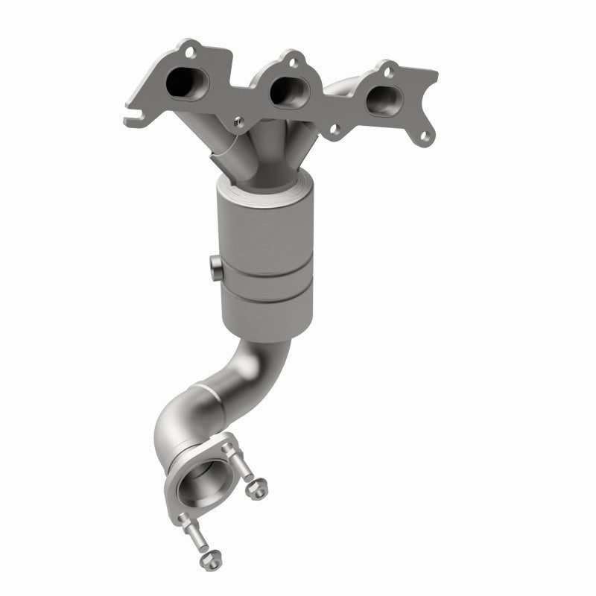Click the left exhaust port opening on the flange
click(x=182, y=83)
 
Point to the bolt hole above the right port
click(x=387, y=72)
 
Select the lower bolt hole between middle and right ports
click(x=335, y=127)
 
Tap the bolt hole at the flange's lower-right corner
click(x=425, y=137)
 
